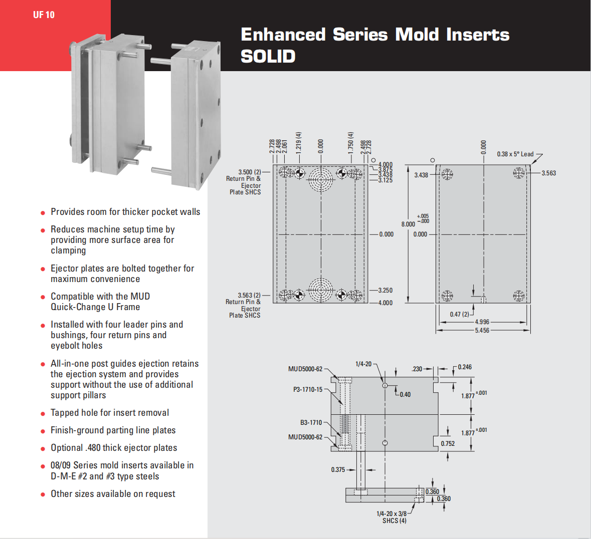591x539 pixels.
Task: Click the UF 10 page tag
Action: (x=44, y=15)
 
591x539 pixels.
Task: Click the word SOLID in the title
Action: (x=268, y=56)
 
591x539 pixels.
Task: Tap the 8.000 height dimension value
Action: (x=408, y=224)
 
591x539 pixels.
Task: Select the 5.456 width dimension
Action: (x=482, y=331)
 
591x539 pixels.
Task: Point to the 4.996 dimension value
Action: (x=482, y=322)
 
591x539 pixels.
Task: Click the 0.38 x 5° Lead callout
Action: (x=515, y=154)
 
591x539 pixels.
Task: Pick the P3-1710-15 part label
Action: (x=308, y=389)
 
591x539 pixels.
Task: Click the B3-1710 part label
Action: (x=311, y=423)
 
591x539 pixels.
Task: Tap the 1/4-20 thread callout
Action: (x=363, y=364)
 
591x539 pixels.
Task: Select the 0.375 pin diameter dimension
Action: (x=338, y=470)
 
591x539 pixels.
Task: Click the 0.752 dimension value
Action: (x=448, y=444)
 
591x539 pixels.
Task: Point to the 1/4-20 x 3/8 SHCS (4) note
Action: (x=391, y=517)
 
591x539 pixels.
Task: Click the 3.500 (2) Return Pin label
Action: (x=249, y=172)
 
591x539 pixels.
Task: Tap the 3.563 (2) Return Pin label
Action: (x=249, y=296)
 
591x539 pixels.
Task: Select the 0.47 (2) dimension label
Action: (x=459, y=315)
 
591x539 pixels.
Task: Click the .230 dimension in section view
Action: (x=417, y=369)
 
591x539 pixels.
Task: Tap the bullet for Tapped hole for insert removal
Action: (x=43, y=414)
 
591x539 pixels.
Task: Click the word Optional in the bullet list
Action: (x=67, y=448)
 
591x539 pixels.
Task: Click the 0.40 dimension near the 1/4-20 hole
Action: (x=405, y=395)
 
